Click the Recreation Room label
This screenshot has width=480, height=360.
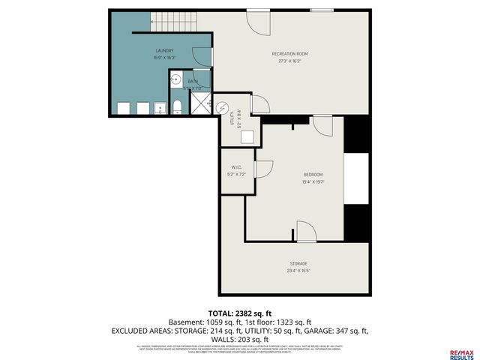pos(289,54)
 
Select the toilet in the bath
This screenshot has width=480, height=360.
pos(177,107)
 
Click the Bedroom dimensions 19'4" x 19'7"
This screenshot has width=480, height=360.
pos(312,181)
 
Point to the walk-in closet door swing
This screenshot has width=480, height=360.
pos(263,169)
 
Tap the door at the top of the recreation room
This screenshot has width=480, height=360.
pos(258,22)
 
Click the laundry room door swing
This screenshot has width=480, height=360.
pos(201,56)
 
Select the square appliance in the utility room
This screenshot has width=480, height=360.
pos(247,136)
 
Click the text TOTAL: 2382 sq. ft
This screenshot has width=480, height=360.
pos(240,312)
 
